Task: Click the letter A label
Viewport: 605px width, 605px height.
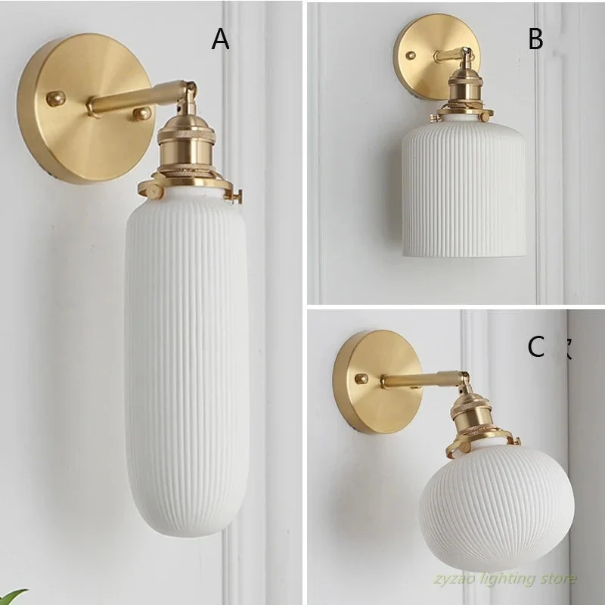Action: coord(220,39)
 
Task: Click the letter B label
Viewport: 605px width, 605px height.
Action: coord(535,39)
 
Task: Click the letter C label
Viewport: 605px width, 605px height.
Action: coord(536,346)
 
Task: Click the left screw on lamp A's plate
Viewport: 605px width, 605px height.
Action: coord(55,98)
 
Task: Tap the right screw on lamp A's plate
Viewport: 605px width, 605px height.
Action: coord(142,113)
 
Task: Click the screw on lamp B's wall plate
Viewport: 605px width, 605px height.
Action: coord(411,55)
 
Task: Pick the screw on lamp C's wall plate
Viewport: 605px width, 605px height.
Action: coord(362,379)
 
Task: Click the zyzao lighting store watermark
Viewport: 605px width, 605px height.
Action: coord(504,579)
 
